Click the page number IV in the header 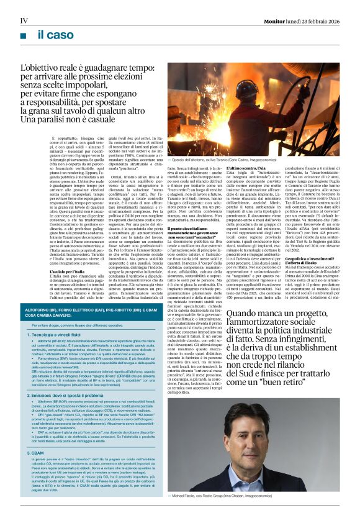pos(24,20)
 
